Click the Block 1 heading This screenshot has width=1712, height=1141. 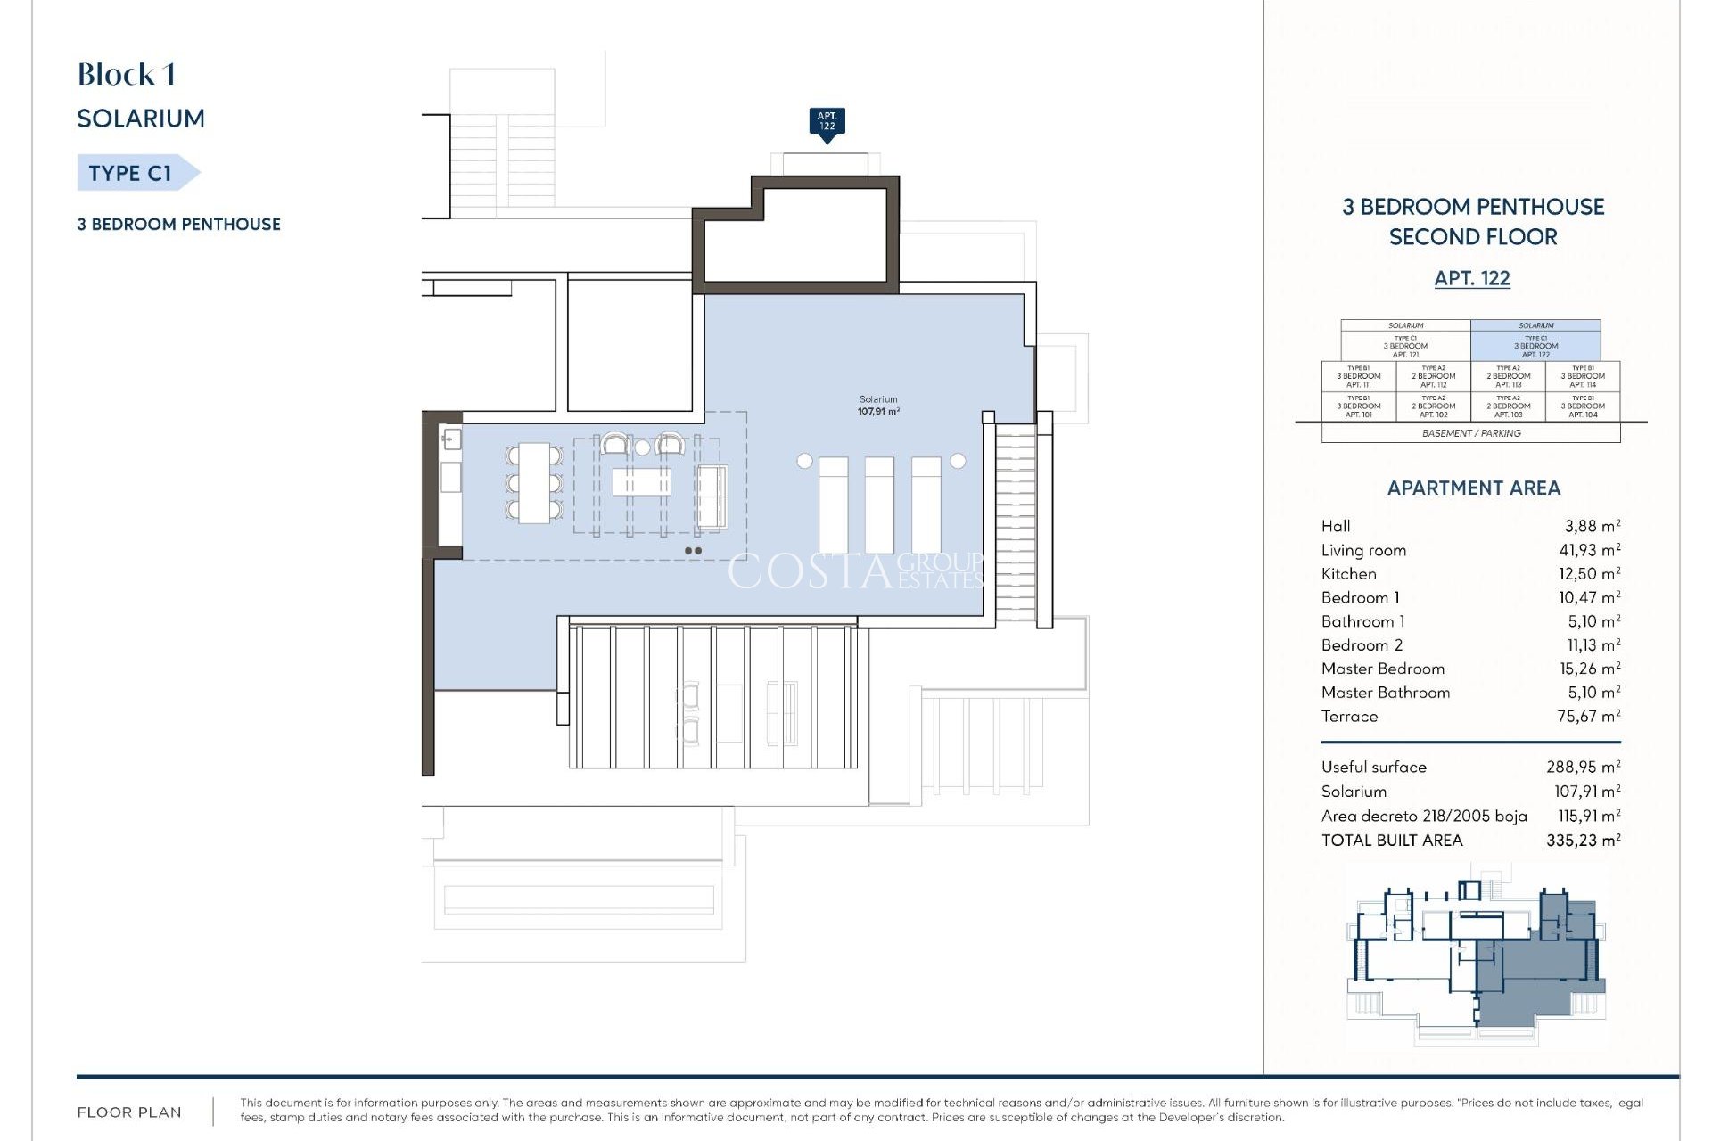coord(126,75)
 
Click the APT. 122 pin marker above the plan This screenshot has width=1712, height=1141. coord(827,122)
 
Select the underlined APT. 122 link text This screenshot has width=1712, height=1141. coord(1471,278)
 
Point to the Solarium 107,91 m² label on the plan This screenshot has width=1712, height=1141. coord(878,406)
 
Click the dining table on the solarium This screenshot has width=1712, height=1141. coord(534,482)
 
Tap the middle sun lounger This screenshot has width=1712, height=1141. coord(879,505)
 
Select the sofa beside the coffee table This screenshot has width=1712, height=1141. coord(711,497)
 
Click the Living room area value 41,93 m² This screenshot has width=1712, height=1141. coord(1589,550)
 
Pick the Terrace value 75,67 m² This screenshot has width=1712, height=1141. coord(1588,716)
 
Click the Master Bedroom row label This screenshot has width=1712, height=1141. coord(1382,669)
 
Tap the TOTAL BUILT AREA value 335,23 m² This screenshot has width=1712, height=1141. coord(1583,840)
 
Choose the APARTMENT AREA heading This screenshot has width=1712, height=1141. coord(1473,488)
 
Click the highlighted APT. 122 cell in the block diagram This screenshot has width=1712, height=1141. coord(1535,345)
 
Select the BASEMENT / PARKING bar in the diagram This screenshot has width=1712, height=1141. coord(1470,433)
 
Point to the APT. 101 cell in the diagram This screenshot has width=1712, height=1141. coord(1358,406)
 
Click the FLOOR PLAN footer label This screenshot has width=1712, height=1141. coord(129,1112)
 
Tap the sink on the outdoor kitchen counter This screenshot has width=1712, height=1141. coord(450,439)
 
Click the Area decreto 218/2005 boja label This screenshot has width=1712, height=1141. coord(1423,816)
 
